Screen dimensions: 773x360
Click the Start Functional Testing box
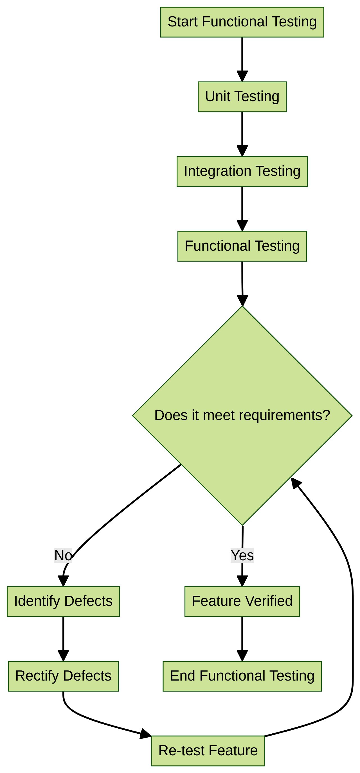pos(242,22)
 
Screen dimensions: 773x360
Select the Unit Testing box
pos(242,97)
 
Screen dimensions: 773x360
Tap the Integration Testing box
pos(242,171)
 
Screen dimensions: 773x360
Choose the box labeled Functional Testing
pos(242,246)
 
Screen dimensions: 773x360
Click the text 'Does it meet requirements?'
pos(242,415)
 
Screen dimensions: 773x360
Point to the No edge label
pos(63,555)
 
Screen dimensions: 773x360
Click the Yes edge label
pos(242,555)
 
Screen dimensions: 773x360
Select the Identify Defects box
pos(63,601)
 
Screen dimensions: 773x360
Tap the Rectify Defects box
pos(63,676)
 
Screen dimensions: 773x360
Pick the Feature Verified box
pos(242,601)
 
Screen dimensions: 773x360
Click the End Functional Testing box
pos(242,676)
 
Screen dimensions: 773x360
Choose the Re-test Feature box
pos(208,751)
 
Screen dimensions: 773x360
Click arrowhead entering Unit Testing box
pos(242,76)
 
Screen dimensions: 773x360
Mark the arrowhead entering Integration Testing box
pos(242,151)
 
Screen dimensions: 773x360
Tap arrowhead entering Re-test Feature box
pos(146,734)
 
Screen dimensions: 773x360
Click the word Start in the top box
pos(183,22)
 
